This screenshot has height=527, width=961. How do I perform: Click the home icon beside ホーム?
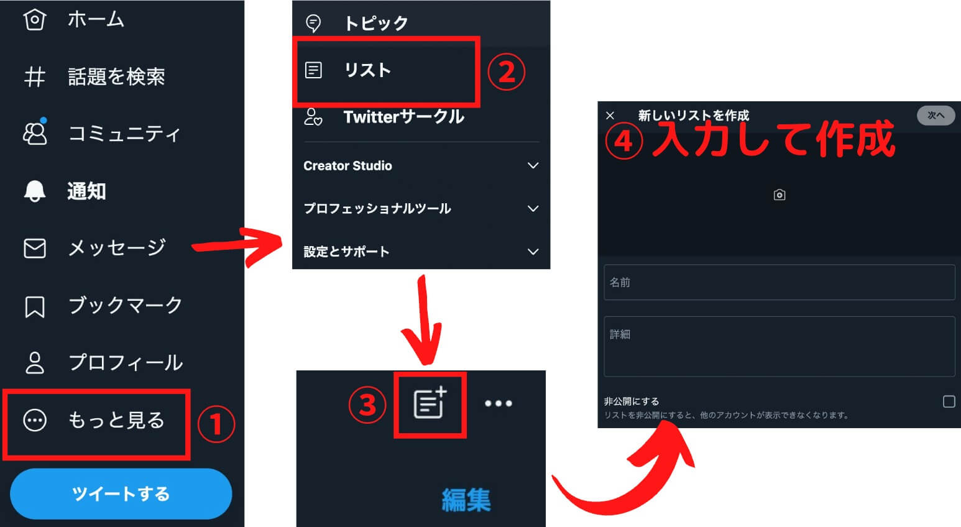tap(34, 19)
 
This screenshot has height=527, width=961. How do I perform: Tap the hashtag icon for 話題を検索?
tap(34, 77)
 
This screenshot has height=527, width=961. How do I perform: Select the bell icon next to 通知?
tap(34, 191)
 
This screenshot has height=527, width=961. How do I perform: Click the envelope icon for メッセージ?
tap(34, 249)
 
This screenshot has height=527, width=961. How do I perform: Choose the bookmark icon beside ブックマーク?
tap(34, 306)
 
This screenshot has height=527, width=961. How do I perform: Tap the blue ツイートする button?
tap(121, 493)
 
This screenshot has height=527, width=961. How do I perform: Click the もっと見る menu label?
tap(116, 420)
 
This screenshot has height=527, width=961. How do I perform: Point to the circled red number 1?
tap(216, 424)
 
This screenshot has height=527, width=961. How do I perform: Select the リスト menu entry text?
tap(367, 70)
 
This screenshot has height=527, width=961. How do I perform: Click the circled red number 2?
tap(506, 71)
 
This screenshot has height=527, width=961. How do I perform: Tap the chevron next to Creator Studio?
tap(533, 165)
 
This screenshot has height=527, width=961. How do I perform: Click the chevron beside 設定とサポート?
tap(533, 252)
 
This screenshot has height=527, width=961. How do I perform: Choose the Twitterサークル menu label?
tap(403, 117)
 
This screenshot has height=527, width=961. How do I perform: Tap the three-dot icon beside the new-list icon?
tap(498, 403)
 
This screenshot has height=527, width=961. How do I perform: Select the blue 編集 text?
tap(466, 500)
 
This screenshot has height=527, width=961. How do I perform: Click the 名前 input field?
tap(779, 282)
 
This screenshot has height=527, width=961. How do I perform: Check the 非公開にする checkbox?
tap(949, 401)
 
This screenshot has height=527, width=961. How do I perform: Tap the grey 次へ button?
tap(936, 116)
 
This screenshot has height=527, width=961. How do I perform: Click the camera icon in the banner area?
tap(779, 195)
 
